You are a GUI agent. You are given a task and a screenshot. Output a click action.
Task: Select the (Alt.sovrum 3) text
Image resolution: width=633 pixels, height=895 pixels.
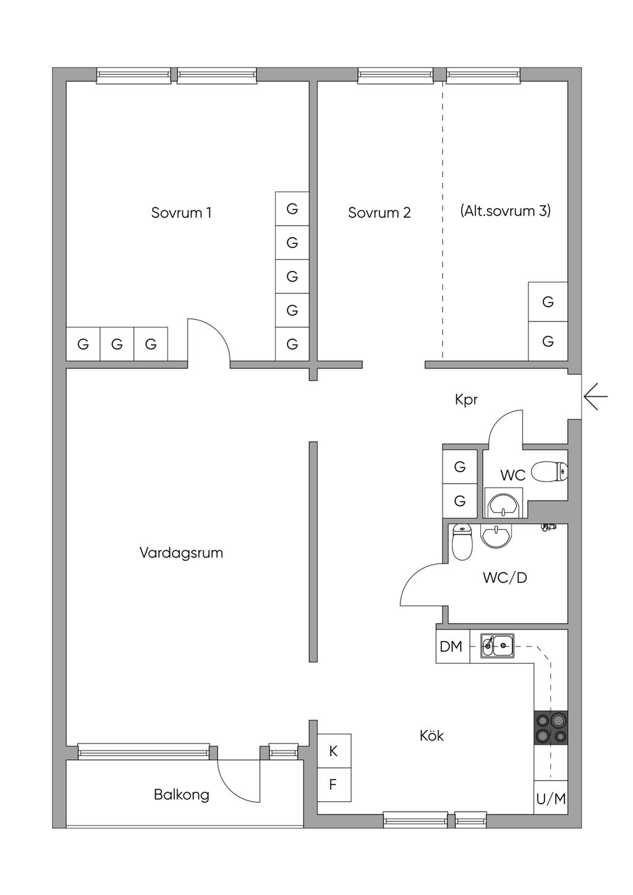point(505,211)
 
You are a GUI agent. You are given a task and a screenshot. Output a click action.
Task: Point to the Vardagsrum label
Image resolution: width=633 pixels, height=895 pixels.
point(181,553)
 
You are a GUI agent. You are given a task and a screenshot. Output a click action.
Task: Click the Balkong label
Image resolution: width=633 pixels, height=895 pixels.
point(181,795)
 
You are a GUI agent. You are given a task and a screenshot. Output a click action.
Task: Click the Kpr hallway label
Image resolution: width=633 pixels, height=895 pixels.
point(466,400)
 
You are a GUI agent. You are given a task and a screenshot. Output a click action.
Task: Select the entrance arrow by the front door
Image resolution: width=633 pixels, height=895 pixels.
point(595,396)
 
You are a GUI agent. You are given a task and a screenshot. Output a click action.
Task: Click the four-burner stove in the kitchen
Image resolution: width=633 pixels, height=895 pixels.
point(551,727)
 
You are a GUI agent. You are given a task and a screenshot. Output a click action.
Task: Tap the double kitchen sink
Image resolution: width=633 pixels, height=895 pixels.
point(497,645)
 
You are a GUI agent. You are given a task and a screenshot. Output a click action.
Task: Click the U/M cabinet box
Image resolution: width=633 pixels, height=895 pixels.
point(551,799)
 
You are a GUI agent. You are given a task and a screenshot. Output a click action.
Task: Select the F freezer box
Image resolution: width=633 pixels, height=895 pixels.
point(334,785)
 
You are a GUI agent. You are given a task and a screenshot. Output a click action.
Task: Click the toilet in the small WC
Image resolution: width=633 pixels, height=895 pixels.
point(550,472)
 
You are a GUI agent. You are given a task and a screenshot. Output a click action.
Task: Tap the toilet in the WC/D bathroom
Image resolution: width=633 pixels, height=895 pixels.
point(462,543)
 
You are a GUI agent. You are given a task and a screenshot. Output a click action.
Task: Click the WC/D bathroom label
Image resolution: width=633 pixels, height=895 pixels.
point(504,577)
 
